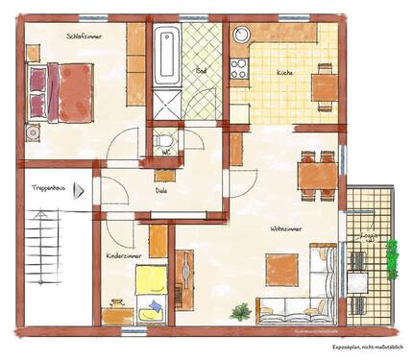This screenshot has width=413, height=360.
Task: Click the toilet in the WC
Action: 166,141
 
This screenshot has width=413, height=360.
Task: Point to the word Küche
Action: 285,74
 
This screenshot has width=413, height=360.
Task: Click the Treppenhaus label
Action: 49,187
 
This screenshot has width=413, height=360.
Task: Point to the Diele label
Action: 161,190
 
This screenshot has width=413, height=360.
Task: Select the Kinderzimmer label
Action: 126,256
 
